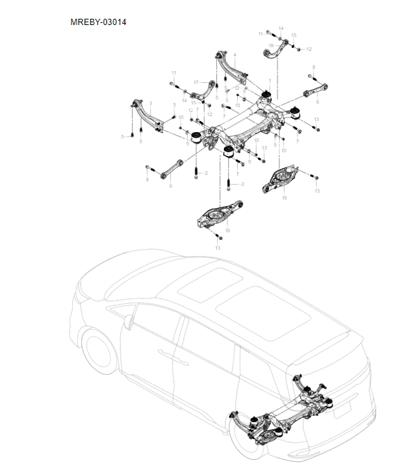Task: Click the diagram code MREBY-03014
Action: point(98,22)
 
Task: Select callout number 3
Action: point(150,104)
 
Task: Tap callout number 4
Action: point(235,54)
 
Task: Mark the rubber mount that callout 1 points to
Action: point(265,97)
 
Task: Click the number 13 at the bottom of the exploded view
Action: point(218,248)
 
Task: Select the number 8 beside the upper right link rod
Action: point(313,67)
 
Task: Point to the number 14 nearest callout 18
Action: point(281,28)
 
